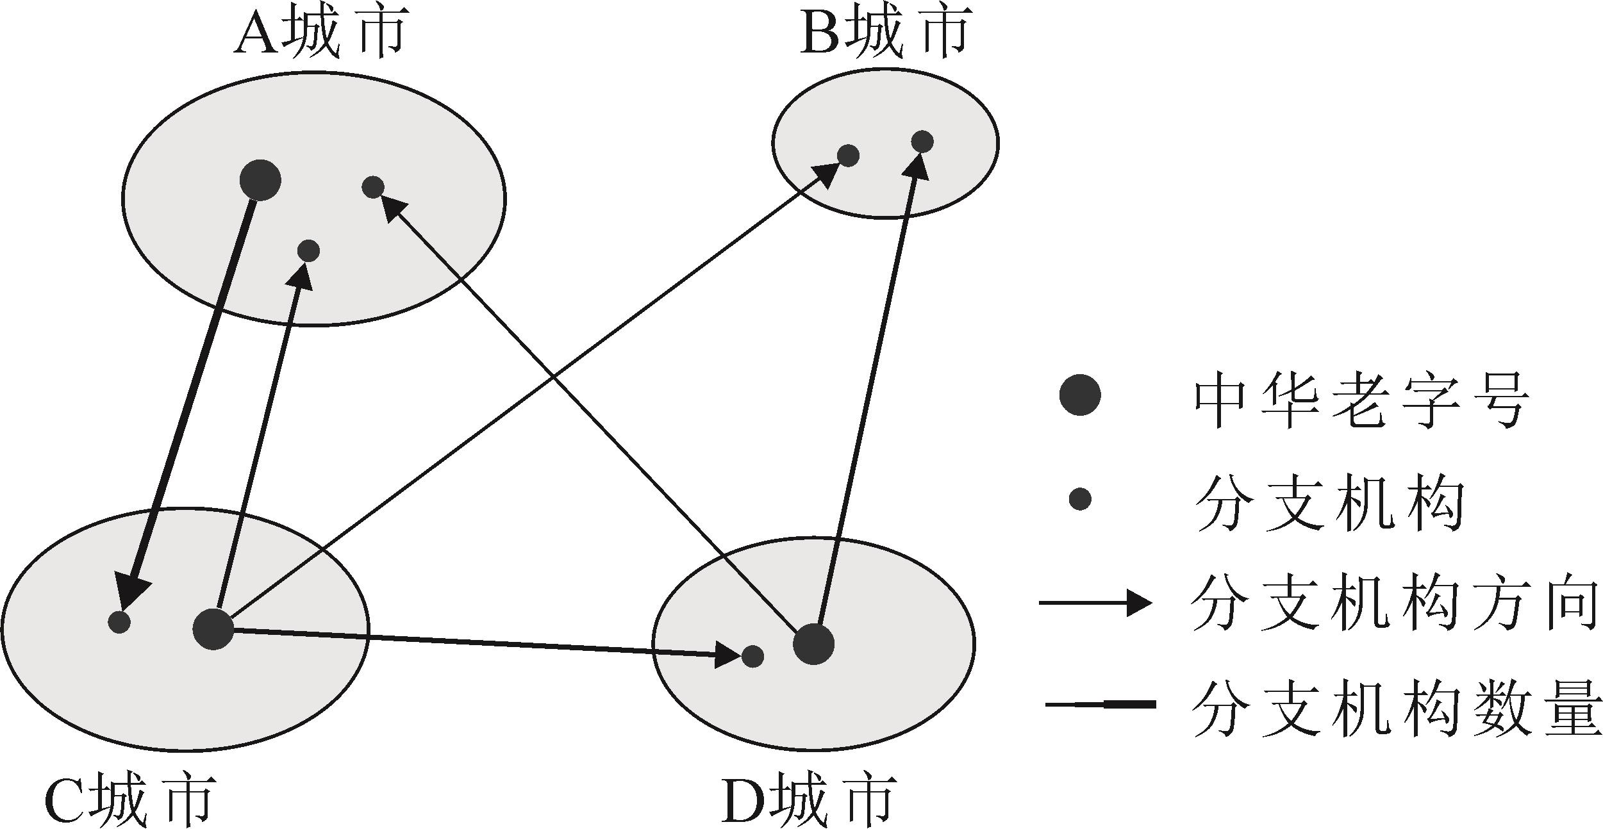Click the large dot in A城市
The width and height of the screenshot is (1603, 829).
pos(260,180)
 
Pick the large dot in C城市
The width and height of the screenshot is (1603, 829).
pos(213,629)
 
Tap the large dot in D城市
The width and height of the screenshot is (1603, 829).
pos(813,644)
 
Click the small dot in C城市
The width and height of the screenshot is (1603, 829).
pos(120,622)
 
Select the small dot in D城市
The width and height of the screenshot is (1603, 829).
pos(752,656)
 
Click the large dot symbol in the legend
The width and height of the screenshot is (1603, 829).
pos(1080,395)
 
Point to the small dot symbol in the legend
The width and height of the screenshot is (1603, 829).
pos(1080,498)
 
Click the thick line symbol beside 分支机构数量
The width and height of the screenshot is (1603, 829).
pos(1101,705)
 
